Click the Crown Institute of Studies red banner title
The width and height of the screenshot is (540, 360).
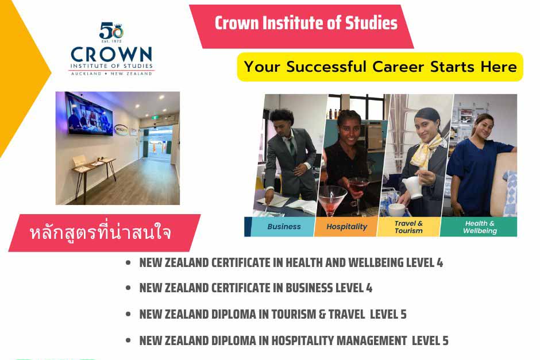306,24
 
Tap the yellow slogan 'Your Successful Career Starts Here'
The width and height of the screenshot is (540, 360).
380,67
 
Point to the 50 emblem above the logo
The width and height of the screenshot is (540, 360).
111,30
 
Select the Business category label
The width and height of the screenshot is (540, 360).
284,226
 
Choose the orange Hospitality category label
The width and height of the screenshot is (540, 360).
346,226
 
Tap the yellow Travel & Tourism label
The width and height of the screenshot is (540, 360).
408,227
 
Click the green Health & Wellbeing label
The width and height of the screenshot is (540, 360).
480,227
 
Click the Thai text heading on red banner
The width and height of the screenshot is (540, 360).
101,234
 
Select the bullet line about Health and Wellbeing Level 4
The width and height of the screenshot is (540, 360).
291,263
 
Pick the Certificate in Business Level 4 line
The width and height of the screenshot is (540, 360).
256,288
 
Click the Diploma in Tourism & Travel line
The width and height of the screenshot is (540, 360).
273,315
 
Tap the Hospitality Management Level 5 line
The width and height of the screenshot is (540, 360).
294,340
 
